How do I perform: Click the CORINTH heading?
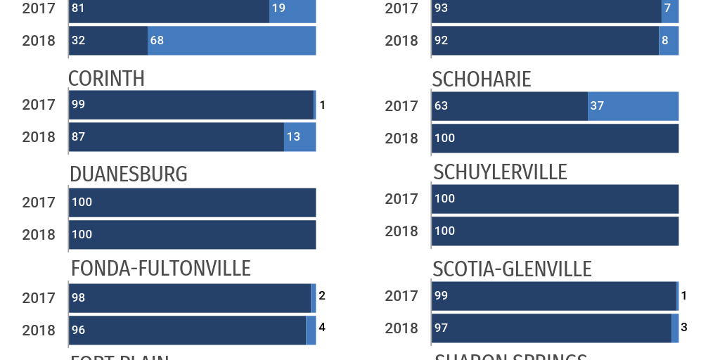pos(106,79)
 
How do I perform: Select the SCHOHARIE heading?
pos(482,79)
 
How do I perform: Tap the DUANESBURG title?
pos(128,174)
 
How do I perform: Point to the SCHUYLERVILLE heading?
pos(500,172)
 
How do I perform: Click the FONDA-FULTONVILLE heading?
pos(160,269)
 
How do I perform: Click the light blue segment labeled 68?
pos(231,41)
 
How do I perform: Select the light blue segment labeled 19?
pos(292,8)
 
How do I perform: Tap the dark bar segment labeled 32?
pos(108,41)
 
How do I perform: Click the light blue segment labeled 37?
pos(633,106)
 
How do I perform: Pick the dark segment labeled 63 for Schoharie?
pos(510,106)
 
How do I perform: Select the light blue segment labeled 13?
pos(300,137)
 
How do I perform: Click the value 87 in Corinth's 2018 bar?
pos(78,137)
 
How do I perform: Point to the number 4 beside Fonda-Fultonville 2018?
pos(322,327)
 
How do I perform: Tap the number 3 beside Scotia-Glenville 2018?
pos(683,327)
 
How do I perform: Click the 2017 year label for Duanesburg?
pos(39,202)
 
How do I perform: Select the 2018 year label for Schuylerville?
pos(401,231)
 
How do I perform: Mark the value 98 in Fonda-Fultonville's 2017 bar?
pos(78,298)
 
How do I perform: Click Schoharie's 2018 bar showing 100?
pos(555,139)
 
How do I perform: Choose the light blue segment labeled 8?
pos(669,41)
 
